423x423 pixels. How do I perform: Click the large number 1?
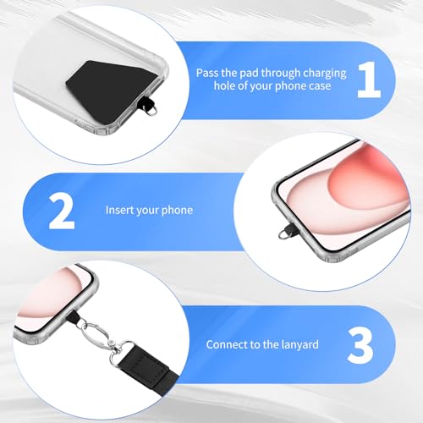370,80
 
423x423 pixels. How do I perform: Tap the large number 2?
62,211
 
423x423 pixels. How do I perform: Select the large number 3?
360,345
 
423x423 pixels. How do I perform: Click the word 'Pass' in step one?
207,73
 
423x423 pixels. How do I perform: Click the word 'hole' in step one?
224,85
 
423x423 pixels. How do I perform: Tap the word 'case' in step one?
320,86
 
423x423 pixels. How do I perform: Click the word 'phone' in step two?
178,211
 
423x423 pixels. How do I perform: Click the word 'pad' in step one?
249,74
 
